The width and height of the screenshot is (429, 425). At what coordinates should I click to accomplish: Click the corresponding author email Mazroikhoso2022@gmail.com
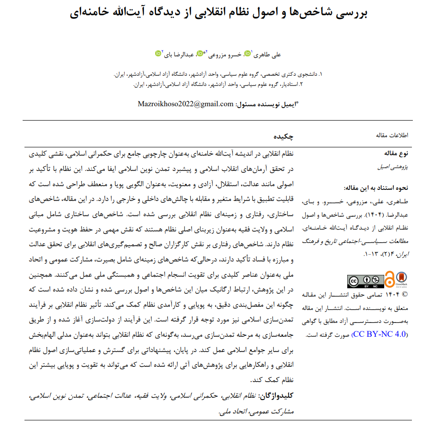pos(185,104)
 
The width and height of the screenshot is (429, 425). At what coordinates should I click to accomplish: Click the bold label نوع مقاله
pos(397,153)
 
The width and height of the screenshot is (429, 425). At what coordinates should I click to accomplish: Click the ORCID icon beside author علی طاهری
pos(248,54)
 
